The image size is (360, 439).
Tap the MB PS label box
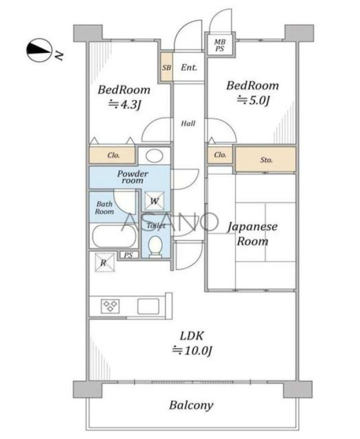point(220,45)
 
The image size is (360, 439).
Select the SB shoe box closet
point(167,67)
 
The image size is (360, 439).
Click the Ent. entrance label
point(189,67)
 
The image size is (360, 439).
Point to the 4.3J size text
point(124,105)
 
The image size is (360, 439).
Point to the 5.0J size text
point(253,100)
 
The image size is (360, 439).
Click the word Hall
point(188,123)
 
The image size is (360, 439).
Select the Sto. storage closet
point(266,159)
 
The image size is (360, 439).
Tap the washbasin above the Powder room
point(154,156)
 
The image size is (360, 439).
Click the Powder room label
point(132,177)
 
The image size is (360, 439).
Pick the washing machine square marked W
point(154,201)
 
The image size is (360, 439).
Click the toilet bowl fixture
point(155,246)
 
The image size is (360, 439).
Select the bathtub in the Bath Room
point(114,236)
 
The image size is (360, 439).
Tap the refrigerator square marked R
point(105,262)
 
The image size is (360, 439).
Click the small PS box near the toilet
point(129,255)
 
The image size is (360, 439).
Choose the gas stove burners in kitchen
point(110,306)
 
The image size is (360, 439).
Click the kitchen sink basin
point(148,306)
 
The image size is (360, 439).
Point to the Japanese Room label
point(252,234)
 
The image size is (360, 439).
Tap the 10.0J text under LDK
point(192,351)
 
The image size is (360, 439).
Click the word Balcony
point(191,405)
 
